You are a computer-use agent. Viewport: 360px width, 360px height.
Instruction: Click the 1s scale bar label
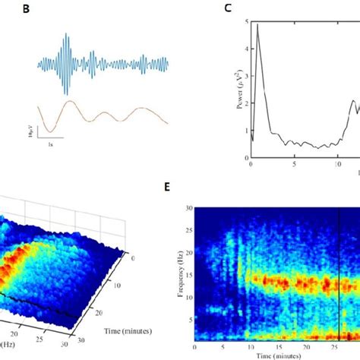click(49, 143)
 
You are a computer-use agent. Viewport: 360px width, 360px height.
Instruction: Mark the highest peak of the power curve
click(257, 25)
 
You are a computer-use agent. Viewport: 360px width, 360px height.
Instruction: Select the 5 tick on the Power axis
click(244, 21)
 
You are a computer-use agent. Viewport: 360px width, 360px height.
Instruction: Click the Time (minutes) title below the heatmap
click(276, 355)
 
